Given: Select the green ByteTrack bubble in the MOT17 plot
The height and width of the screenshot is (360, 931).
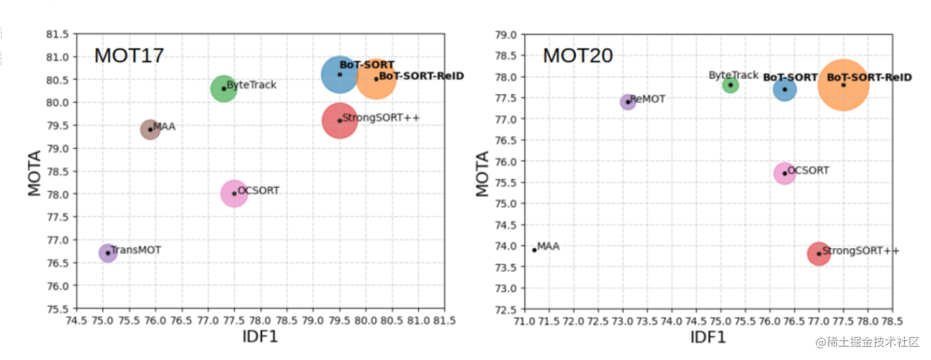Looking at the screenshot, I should pos(223,88).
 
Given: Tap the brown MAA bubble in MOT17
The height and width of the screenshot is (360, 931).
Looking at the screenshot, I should pos(149,129).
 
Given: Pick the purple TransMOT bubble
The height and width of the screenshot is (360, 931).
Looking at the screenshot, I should pos(108,253).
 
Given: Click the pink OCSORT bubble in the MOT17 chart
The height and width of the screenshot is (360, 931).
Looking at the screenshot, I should pos(235,193).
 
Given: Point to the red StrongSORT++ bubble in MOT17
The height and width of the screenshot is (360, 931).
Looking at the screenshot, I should pos(339,120).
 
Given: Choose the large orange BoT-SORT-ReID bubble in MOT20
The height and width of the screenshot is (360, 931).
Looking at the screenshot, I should pos(843,85).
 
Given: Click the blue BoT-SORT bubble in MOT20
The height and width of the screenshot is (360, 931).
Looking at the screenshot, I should pos(785,90).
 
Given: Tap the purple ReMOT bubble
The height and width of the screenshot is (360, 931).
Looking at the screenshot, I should pos(628,102).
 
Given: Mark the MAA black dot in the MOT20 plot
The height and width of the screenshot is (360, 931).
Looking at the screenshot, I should pos(535,250).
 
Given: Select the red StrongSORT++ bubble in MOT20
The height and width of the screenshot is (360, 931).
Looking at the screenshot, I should pos(819,253).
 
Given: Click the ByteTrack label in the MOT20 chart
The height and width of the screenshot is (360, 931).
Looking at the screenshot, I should pos(733,75).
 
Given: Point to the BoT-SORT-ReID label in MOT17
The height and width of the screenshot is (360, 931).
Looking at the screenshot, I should pos(422,77).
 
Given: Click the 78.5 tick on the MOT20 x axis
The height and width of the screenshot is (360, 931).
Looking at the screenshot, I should pos(891,320).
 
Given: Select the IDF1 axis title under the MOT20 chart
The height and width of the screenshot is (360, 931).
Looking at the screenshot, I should pos(708,337).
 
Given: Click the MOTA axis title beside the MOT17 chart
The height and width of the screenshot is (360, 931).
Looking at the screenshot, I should pos(34,173).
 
